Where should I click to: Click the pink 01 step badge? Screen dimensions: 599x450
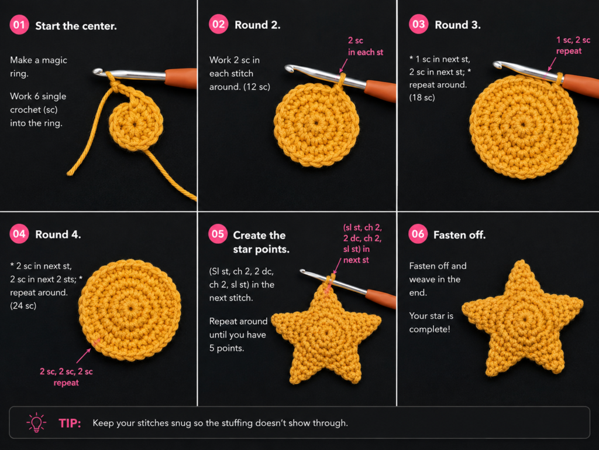[x=19, y=25]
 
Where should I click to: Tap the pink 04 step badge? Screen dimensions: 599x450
[x=19, y=234]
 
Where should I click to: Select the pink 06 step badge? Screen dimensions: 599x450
[x=418, y=234]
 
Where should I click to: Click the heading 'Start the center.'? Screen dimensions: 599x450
[x=76, y=26]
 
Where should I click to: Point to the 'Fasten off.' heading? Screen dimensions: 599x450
[x=460, y=234]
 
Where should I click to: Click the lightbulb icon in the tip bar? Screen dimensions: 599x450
[x=36, y=422]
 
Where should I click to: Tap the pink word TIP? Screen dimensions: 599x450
[x=70, y=423]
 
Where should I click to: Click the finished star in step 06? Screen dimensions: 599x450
[x=522, y=318]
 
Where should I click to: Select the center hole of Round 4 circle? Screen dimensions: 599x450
[x=130, y=308]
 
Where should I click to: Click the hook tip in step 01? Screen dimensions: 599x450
[x=97, y=71]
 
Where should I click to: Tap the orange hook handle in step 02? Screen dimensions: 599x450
[x=380, y=90]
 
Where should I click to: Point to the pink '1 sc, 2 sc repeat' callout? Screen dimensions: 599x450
[x=573, y=46]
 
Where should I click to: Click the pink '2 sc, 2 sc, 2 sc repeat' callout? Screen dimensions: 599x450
[x=66, y=377]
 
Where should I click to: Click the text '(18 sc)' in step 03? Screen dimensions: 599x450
[x=422, y=98]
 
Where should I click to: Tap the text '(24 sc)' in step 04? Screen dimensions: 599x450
[x=23, y=306]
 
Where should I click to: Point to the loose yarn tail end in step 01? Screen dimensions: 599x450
[x=70, y=173]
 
